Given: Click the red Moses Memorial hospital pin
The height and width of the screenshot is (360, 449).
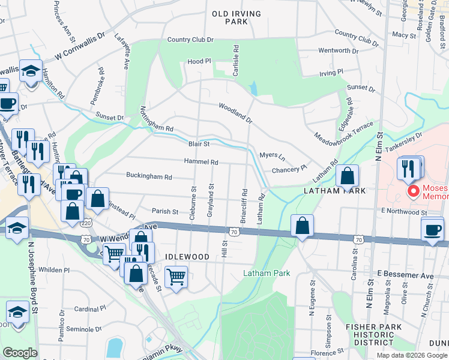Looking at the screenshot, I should click(x=413, y=191).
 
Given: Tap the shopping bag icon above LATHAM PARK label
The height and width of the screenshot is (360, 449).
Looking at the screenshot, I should click(x=347, y=176).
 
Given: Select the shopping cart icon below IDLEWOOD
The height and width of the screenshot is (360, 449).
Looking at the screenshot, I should click(x=176, y=277).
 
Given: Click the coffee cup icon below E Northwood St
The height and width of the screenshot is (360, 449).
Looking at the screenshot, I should click(x=432, y=230).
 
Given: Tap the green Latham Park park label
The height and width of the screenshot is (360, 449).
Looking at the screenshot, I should click(x=267, y=273).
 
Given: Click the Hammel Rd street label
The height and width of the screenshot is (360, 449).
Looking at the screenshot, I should click(x=200, y=162).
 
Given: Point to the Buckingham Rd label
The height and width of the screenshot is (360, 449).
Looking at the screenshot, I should click(x=149, y=176).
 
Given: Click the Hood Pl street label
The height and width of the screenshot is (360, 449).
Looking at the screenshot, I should click(x=199, y=61).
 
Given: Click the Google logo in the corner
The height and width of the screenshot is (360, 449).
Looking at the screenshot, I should click(x=20, y=353).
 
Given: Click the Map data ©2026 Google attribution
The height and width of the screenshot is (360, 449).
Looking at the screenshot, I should click(x=411, y=355).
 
